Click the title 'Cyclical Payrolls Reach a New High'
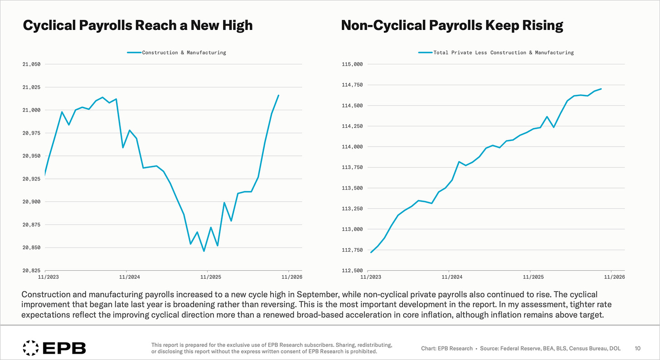[138, 25]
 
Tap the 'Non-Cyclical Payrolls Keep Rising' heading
[452, 25]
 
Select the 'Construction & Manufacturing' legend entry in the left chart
[176, 53]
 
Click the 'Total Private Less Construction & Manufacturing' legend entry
[496, 53]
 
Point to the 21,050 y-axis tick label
[32, 64]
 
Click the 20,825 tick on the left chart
[32, 270]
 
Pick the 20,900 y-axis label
[32, 202]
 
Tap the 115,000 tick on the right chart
[352, 64]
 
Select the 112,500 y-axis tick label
[352, 270]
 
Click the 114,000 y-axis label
[352, 147]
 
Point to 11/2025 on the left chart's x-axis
[211, 277]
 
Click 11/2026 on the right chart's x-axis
[614, 277]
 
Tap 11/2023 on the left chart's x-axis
[49, 277]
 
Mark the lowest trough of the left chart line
[204, 251]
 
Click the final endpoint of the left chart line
[278, 95]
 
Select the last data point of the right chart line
[601, 89]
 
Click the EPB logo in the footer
[54, 348]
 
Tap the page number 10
[638, 349]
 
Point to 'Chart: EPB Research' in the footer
[446, 349]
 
